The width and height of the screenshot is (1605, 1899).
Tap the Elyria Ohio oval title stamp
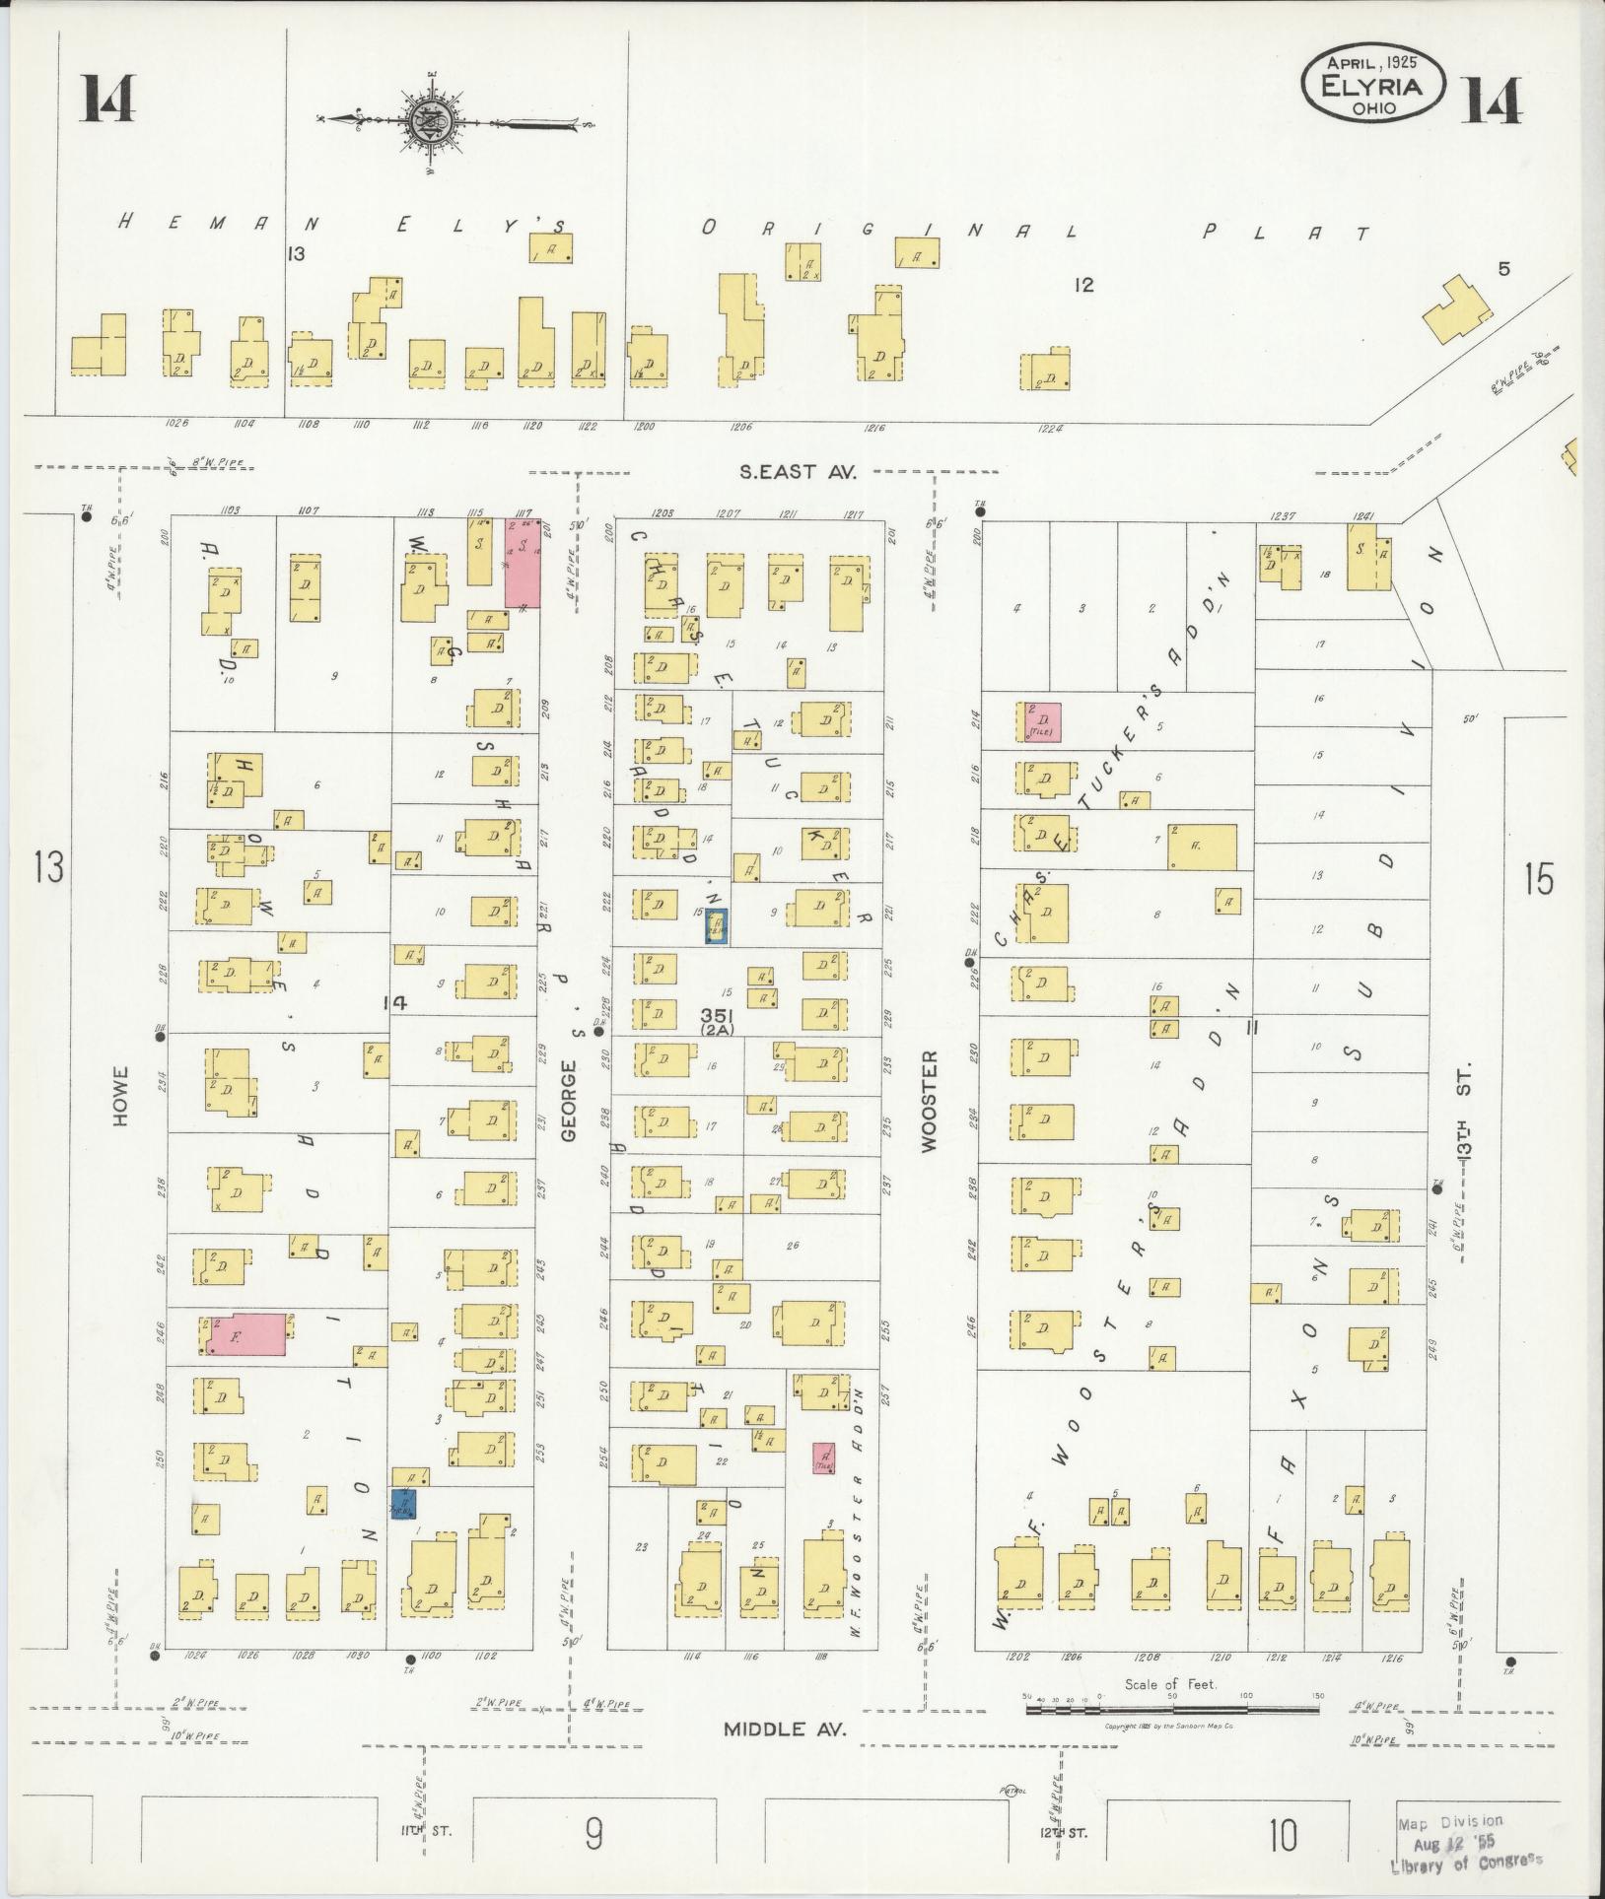[x=1373, y=84]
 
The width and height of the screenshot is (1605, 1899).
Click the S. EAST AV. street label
[x=798, y=472]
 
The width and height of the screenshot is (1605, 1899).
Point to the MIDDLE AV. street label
[x=785, y=1729]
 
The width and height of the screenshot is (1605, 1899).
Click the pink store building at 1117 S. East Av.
[x=522, y=562]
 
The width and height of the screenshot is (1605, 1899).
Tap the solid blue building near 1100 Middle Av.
[x=403, y=1531]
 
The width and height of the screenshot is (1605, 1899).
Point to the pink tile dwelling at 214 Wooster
[x=1041, y=722]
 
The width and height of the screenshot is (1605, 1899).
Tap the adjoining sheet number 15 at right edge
[x=1536, y=878]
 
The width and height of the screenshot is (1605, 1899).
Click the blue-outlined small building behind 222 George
[x=716, y=927]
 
